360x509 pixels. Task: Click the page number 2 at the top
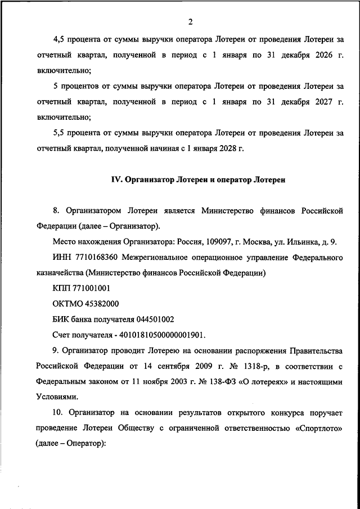coord(191,22)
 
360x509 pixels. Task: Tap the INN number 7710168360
coord(84,258)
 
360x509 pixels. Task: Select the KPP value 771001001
coord(91,289)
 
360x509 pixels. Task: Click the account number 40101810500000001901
coord(161,335)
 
